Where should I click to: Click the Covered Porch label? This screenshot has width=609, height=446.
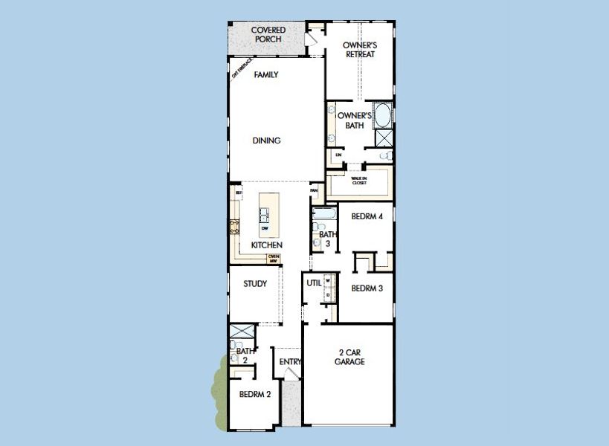[x=268, y=34]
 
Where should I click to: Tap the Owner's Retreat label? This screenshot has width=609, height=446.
[x=359, y=50]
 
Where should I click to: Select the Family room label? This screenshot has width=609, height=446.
[x=266, y=75]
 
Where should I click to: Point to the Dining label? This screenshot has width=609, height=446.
[x=266, y=140]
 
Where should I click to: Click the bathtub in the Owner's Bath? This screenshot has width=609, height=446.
[x=384, y=116]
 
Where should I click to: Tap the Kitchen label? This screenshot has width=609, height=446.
[x=266, y=245]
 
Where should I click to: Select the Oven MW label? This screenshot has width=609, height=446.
[x=274, y=259]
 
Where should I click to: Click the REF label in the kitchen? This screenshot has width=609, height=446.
[x=239, y=193]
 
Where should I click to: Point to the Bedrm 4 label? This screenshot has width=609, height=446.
[x=367, y=217]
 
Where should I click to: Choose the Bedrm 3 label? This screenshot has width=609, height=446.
[x=367, y=288]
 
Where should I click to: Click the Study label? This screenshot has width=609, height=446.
[x=255, y=283]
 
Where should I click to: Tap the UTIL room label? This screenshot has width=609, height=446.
[x=314, y=283]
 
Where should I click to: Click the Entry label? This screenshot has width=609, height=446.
[x=290, y=362]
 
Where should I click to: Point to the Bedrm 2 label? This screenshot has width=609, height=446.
[x=255, y=394]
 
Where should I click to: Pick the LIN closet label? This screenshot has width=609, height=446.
[x=338, y=155]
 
